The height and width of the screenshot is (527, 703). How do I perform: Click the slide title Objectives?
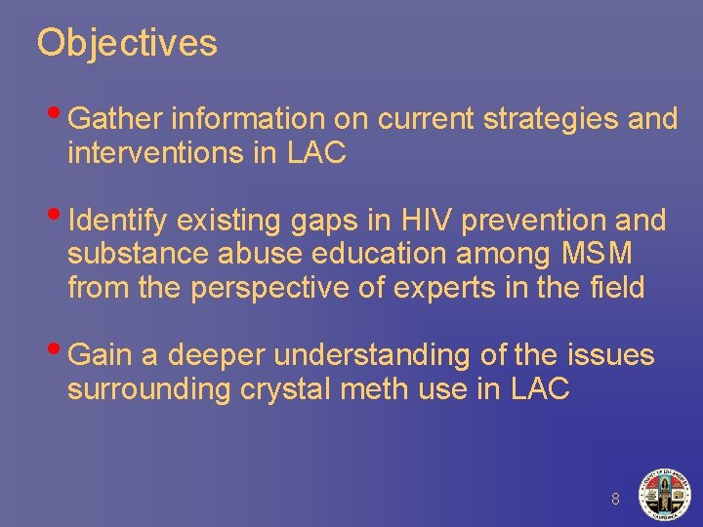(x=127, y=43)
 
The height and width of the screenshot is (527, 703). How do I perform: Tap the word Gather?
(x=117, y=119)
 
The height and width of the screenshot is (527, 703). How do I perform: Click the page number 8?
(x=615, y=499)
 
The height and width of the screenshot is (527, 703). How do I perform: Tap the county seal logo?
(x=663, y=494)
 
